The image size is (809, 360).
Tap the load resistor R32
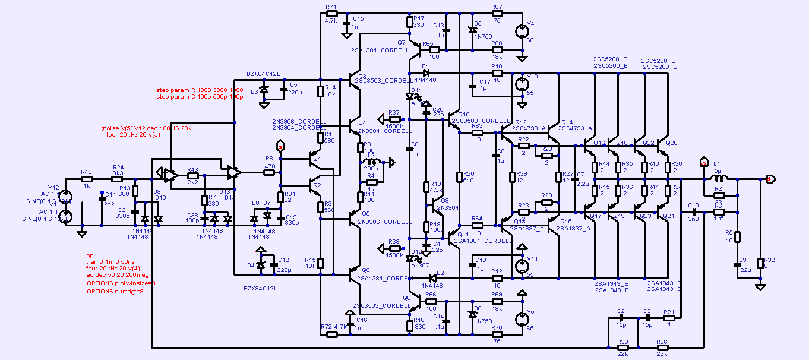click(760, 263)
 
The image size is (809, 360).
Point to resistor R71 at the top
click(331, 13)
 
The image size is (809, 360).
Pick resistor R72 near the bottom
click(332, 334)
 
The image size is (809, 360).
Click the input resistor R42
click(87, 178)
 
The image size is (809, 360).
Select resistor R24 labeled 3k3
click(118, 178)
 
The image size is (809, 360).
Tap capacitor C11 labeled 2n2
click(102, 199)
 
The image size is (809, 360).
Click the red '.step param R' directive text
click(198, 90)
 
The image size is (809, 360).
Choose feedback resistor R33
click(622, 346)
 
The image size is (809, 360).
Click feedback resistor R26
click(662, 346)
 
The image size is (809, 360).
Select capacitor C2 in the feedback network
click(621, 318)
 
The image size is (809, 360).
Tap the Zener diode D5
click(473, 30)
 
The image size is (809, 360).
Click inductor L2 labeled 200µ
click(370, 162)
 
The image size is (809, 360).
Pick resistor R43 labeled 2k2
click(192, 176)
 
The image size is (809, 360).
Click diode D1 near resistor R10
click(425, 74)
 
